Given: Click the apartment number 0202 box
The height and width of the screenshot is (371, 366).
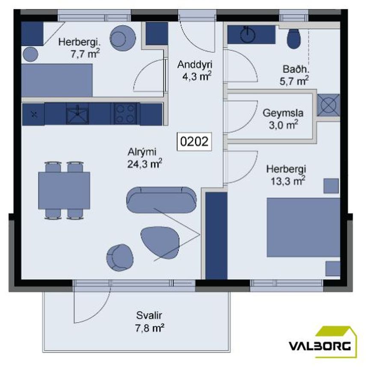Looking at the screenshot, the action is (194, 142).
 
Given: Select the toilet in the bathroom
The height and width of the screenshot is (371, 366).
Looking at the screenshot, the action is (294, 39).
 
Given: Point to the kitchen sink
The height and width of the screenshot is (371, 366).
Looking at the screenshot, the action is (77, 114).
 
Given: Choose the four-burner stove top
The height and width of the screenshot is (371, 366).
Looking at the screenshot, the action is (125, 114).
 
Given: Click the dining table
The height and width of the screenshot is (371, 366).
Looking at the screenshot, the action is (64, 190).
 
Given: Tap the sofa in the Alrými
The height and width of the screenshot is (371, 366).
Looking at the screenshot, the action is (161, 200).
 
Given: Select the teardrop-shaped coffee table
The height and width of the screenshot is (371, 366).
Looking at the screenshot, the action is (160, 242).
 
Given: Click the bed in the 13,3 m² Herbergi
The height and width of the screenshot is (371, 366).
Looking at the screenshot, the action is (304, 227).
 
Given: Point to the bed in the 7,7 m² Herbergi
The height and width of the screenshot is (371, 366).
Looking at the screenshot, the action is (57, 80).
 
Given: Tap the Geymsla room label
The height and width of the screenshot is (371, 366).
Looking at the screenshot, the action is (283, 113).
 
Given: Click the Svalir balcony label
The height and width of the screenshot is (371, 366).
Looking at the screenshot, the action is (149, 315).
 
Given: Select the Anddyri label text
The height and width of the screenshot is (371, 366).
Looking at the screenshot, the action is (195, 65).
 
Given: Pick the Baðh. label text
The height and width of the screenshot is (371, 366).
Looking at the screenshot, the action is (296, 69).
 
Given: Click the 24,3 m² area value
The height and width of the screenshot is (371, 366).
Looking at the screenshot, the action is (145, 164).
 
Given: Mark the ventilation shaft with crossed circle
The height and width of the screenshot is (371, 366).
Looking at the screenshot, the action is (328, 105).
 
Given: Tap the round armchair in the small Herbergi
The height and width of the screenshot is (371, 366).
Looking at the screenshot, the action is (122, 39).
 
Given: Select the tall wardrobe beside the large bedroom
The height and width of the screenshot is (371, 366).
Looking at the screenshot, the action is (216, 236).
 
